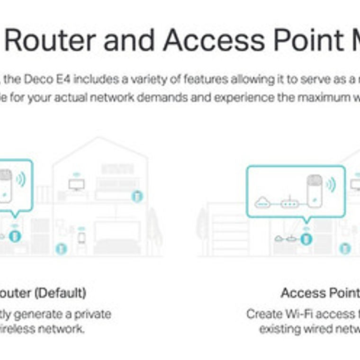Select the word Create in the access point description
pos(261,314)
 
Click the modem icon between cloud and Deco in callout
pos(289,203)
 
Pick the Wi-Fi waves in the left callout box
pos(20,180)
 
